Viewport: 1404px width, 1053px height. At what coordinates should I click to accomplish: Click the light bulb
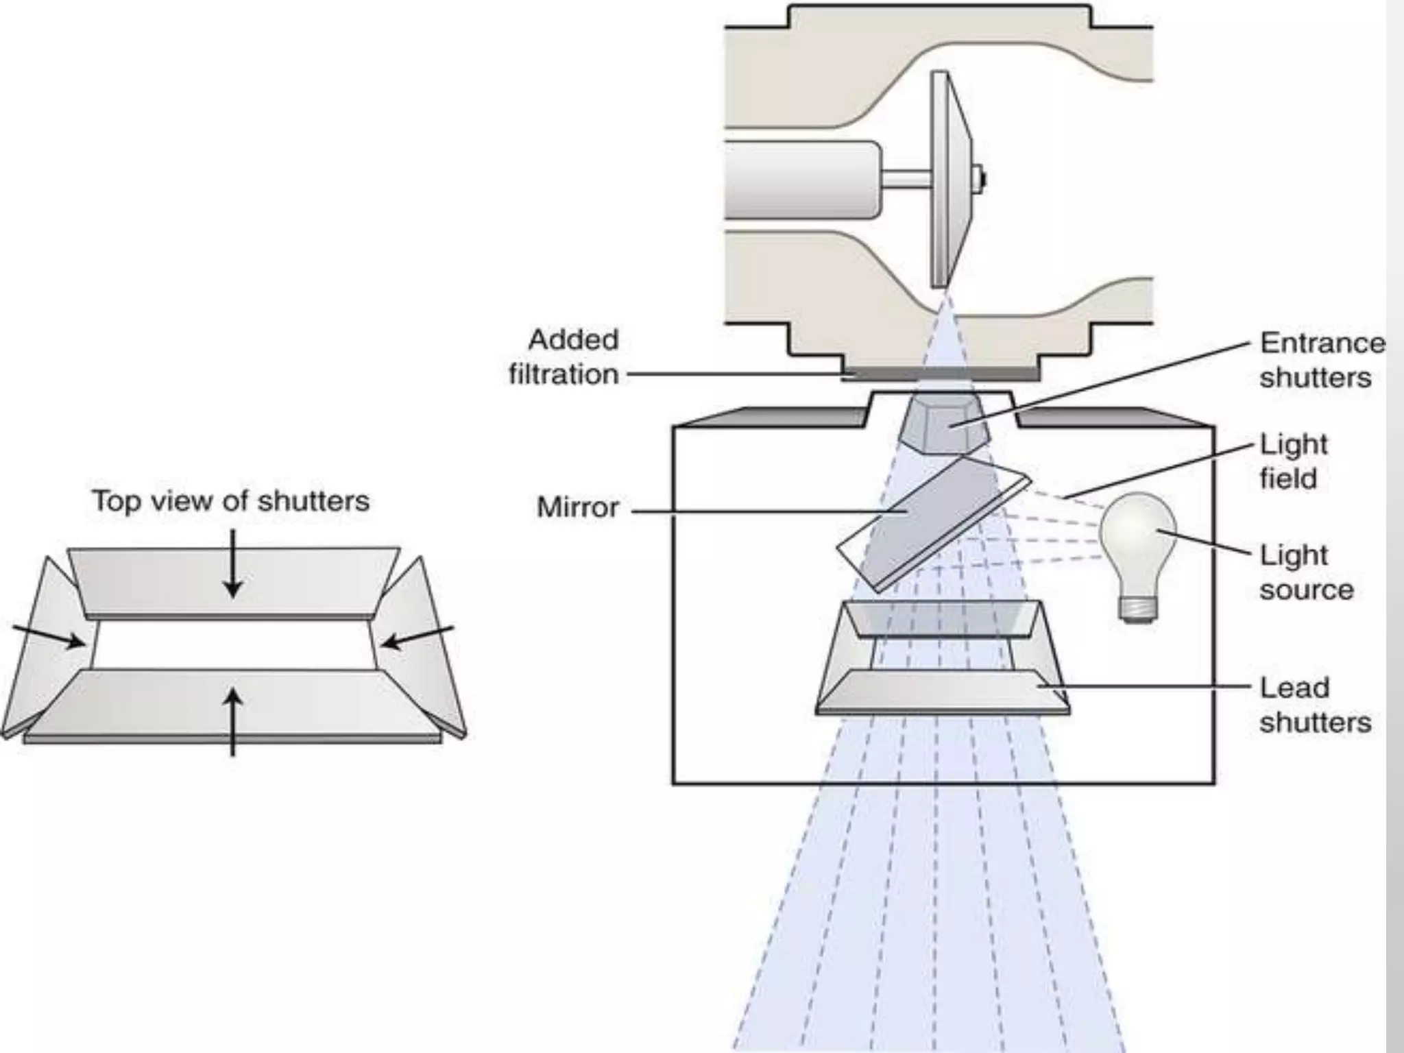[1137, 542]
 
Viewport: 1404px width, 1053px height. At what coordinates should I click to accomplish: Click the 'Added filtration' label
[564, 357]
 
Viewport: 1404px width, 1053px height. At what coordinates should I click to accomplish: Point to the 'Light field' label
[1294, 461]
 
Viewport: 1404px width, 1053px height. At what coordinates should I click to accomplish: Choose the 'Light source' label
[1306, 572]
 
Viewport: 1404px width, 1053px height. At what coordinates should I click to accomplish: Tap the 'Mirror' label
[578, 508]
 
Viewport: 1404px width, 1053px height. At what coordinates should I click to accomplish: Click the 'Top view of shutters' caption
[231, 501]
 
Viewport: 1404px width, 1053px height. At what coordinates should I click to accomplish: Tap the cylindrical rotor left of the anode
[802, 180]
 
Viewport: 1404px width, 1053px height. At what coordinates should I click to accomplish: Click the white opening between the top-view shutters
[233, 644]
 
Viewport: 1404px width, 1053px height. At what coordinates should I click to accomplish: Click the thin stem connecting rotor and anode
[905, 180]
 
